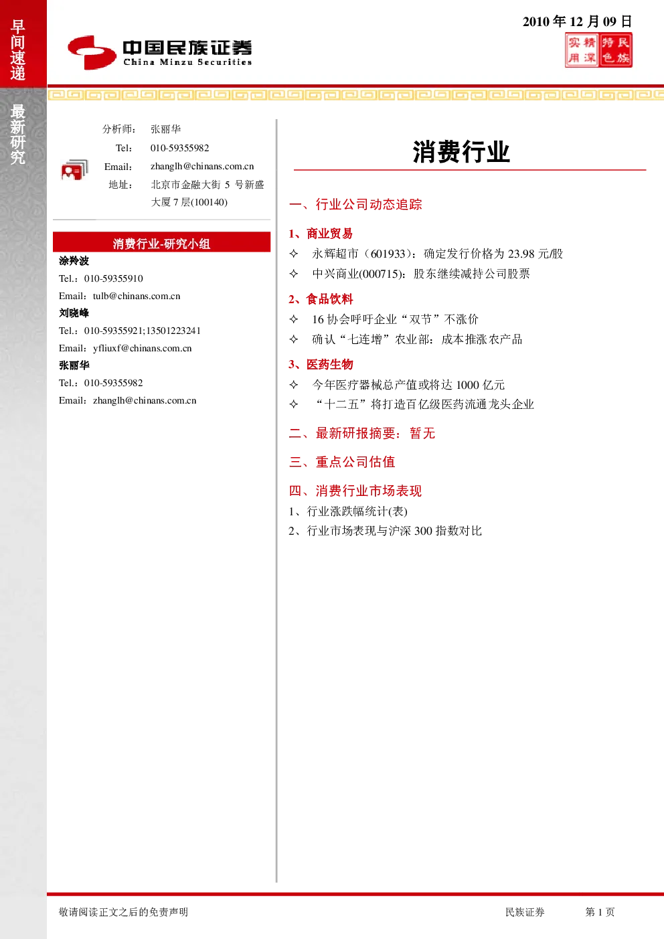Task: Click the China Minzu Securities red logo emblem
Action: click(92, 52)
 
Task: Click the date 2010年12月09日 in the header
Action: click(577, 21)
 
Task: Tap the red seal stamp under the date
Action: click(598, 50)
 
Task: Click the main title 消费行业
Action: click(461, 152)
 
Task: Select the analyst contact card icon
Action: click(74, 170)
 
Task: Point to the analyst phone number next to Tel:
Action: click(179, 148)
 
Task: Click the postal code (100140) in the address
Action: click(209, 203)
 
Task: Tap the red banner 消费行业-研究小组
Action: click(161, 242)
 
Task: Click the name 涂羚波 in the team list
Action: click(74, 261)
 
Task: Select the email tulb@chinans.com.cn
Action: click(137, 296)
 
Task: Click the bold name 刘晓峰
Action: click(74, 313)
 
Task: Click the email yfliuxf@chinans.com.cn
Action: click(142, 348)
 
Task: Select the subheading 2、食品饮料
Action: click(321, 299)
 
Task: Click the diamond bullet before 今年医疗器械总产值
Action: click(294, 384)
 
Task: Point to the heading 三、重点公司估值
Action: click(342, 462)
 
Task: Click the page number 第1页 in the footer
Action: click(600, 912)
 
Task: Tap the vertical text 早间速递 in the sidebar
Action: click(18, 50)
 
